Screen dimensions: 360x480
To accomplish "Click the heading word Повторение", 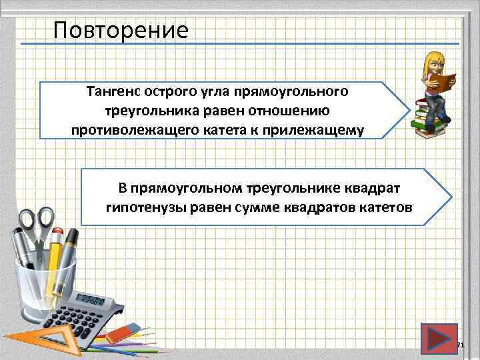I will coord(121,30).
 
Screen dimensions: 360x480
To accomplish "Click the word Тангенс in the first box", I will coord(114,90).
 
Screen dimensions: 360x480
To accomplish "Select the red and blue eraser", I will coord(127,331).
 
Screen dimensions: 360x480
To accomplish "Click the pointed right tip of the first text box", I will coord(409,109).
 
